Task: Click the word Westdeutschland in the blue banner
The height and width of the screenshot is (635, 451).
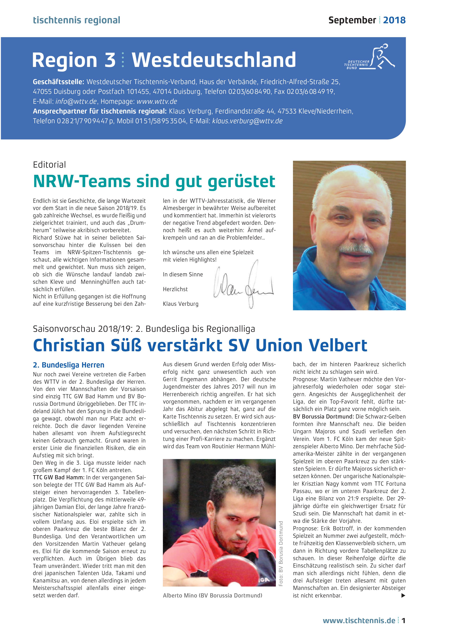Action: [x=214, y=60]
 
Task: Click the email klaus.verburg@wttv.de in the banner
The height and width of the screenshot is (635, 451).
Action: [x=247, y=121]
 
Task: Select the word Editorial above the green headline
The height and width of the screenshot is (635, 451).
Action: [x=49, y=165]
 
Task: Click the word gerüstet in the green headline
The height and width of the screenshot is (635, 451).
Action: [x=241, y=181]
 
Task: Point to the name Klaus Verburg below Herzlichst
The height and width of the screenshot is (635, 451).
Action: [x=181, y=304]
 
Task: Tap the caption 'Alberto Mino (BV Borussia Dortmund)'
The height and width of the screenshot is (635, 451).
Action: [x=213, y=595]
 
